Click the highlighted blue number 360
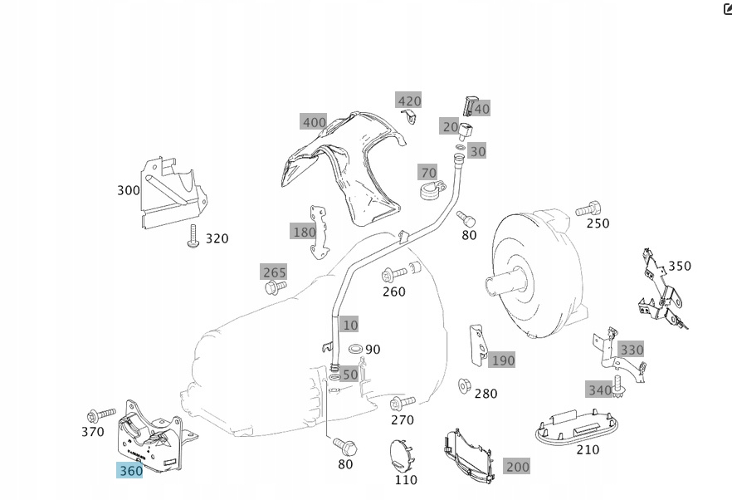(131, 470)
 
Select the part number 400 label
(314, 122)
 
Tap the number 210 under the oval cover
(588, 449)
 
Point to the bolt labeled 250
(588, 208)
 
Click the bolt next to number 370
(101, 414)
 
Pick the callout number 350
(679, 266)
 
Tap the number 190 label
(503, 360)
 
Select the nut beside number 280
(465, 386)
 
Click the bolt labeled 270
(402, 404)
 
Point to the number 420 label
(409, 100)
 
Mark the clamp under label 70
(428, 194)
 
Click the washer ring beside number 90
(355, 348)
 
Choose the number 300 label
(129, 190)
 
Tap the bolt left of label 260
(394, 273)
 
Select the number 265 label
(274, 272)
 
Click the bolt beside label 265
(274, 287)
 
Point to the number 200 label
(517, 466)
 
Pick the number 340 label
(599, 390)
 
